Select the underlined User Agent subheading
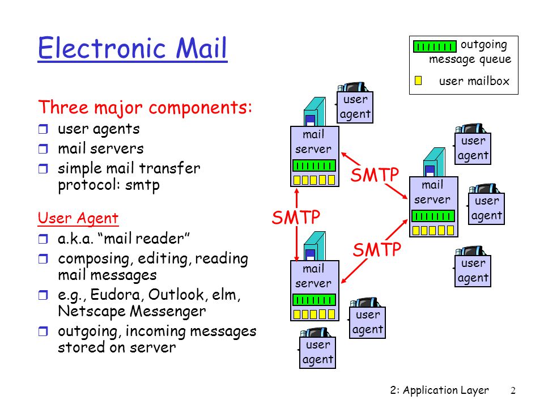tap(78, 218)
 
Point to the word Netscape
tap(92, 311)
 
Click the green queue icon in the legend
tap(435, 46)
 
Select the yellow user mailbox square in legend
tap(418, 80)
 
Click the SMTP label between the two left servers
tap(296, 218)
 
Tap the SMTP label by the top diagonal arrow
tap(375, 175)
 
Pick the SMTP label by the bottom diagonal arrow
tap(377, 249)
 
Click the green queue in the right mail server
tap(433, 216)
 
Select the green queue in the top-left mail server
tap(314, 165)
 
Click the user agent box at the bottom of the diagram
tap(317, 352)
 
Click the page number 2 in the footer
tap(513, 390)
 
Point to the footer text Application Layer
tap(446, 390)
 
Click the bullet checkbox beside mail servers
tap(42, 149)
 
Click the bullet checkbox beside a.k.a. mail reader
tap(42, 239)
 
